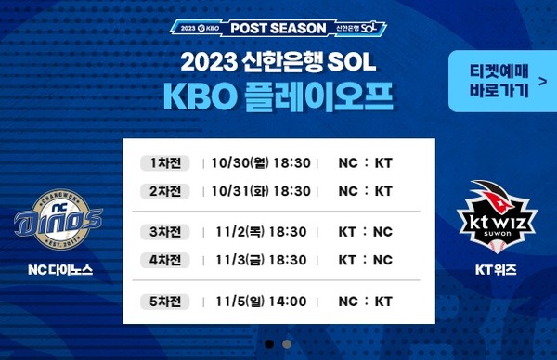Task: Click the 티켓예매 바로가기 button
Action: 497,79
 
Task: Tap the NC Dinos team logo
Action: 59,219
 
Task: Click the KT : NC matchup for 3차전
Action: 366,232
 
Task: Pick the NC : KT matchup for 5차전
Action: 366,302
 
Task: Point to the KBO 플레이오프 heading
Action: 278,96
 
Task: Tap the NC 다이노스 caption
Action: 59,272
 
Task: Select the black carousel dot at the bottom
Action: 269,343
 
